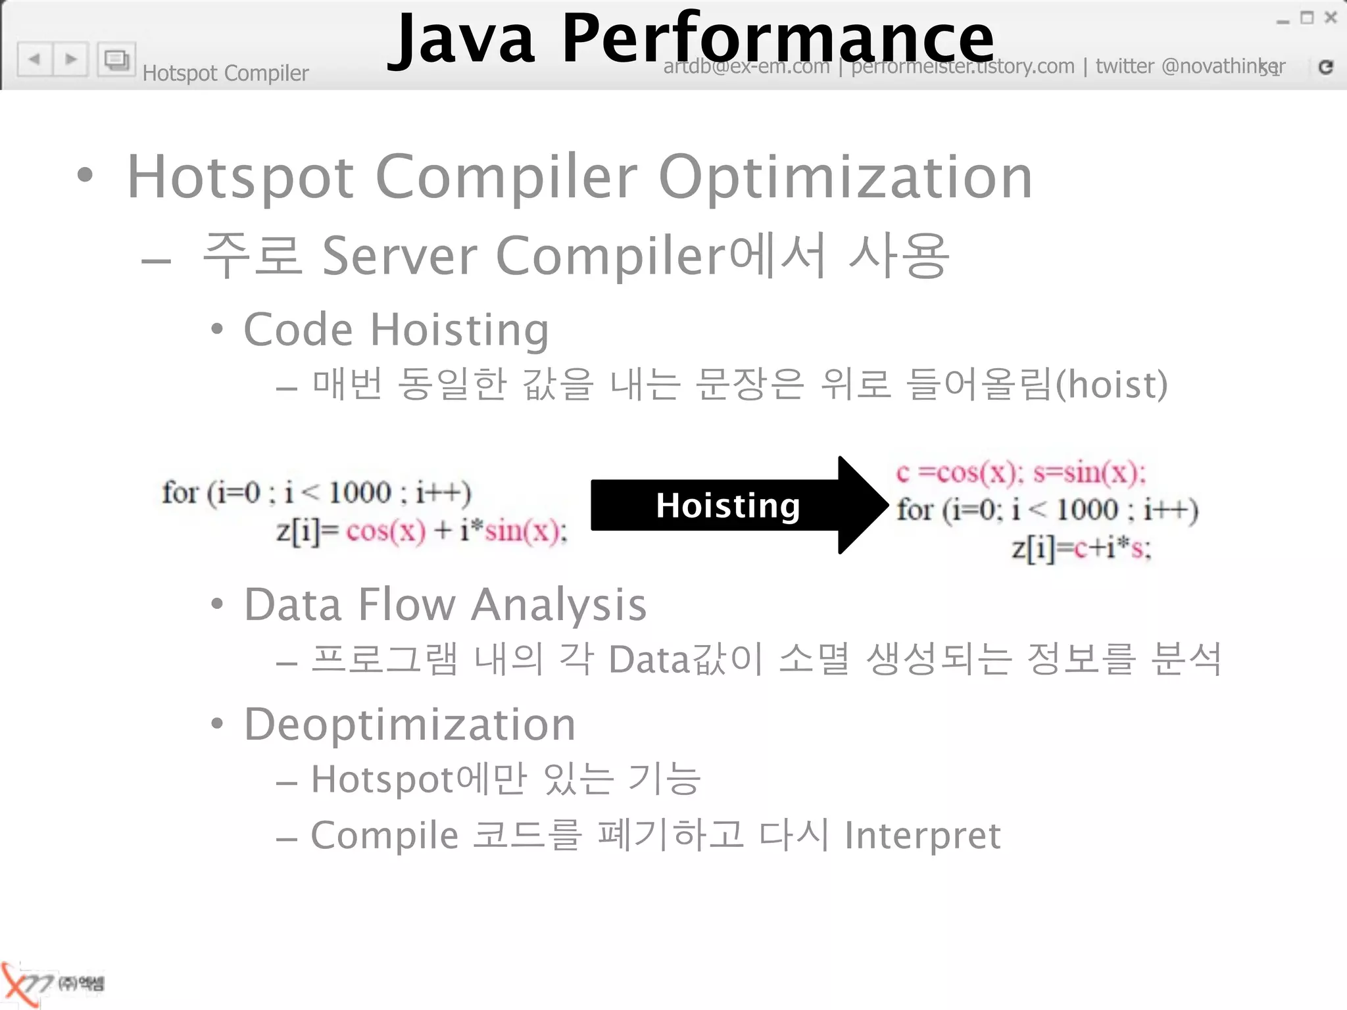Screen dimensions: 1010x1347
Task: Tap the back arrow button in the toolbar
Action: pos(35,59)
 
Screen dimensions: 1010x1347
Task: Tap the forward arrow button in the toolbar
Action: pos(71,59)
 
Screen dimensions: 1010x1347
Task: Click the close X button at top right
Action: pos(1331,18)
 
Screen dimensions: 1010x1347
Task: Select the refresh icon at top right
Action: pos(1325,66)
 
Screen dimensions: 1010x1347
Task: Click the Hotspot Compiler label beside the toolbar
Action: pos(226,73)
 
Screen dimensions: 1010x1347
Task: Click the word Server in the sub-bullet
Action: pos(399,256)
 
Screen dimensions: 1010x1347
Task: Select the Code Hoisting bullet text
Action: pos(396,329)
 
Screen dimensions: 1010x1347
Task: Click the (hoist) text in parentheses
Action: pos(1112,385)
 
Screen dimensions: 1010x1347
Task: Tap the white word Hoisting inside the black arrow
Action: pos(727,506)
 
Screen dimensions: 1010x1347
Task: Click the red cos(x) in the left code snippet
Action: pos(386,531)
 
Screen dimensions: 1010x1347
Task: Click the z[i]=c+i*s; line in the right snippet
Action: pos(1081,548)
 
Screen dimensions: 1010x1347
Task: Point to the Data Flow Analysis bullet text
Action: pos(445,605)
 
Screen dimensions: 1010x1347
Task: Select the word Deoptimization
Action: pos(410,725)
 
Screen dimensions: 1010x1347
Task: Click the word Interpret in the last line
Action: pos(922,836)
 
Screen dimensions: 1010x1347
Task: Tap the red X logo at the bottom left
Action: pos(18,984)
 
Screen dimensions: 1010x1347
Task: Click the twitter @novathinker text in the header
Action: pos(1189,66)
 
